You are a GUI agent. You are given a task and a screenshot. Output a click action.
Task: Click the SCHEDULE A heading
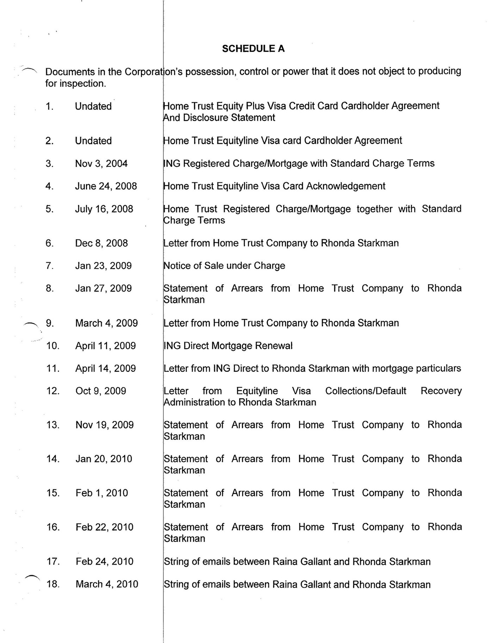click(253, 49)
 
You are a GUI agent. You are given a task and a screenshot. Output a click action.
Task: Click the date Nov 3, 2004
click(101, 163)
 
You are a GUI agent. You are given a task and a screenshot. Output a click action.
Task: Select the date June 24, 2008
click(106, 186)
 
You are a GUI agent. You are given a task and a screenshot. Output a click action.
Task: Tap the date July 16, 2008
click(104, 209)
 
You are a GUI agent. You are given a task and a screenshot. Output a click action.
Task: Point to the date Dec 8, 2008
click(101, 243)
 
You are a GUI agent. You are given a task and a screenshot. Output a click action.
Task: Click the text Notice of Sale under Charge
click(224, 266)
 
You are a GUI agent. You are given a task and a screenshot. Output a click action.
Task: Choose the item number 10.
click(53, 346)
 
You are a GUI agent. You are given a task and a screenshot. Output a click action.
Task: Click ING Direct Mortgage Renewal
click(228, 346)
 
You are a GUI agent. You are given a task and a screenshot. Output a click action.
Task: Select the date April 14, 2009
click(105, 368)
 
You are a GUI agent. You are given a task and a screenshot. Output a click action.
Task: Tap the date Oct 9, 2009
click(100, 391)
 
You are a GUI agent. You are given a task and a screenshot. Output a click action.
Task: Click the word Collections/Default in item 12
click(365, 391)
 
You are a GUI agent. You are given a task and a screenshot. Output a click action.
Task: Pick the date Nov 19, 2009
click(104, 425)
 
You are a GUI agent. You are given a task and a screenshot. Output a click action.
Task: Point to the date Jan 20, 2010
click(104, 459)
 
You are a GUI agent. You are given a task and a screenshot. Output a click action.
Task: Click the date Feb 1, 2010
click(101, 493)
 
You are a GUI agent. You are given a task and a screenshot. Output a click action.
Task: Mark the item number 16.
click(53, 527)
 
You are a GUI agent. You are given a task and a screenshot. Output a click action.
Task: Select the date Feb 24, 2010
click(104, 561)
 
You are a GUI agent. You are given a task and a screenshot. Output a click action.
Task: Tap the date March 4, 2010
click(107, 584)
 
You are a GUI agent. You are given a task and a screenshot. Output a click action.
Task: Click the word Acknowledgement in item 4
click(346, 186)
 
